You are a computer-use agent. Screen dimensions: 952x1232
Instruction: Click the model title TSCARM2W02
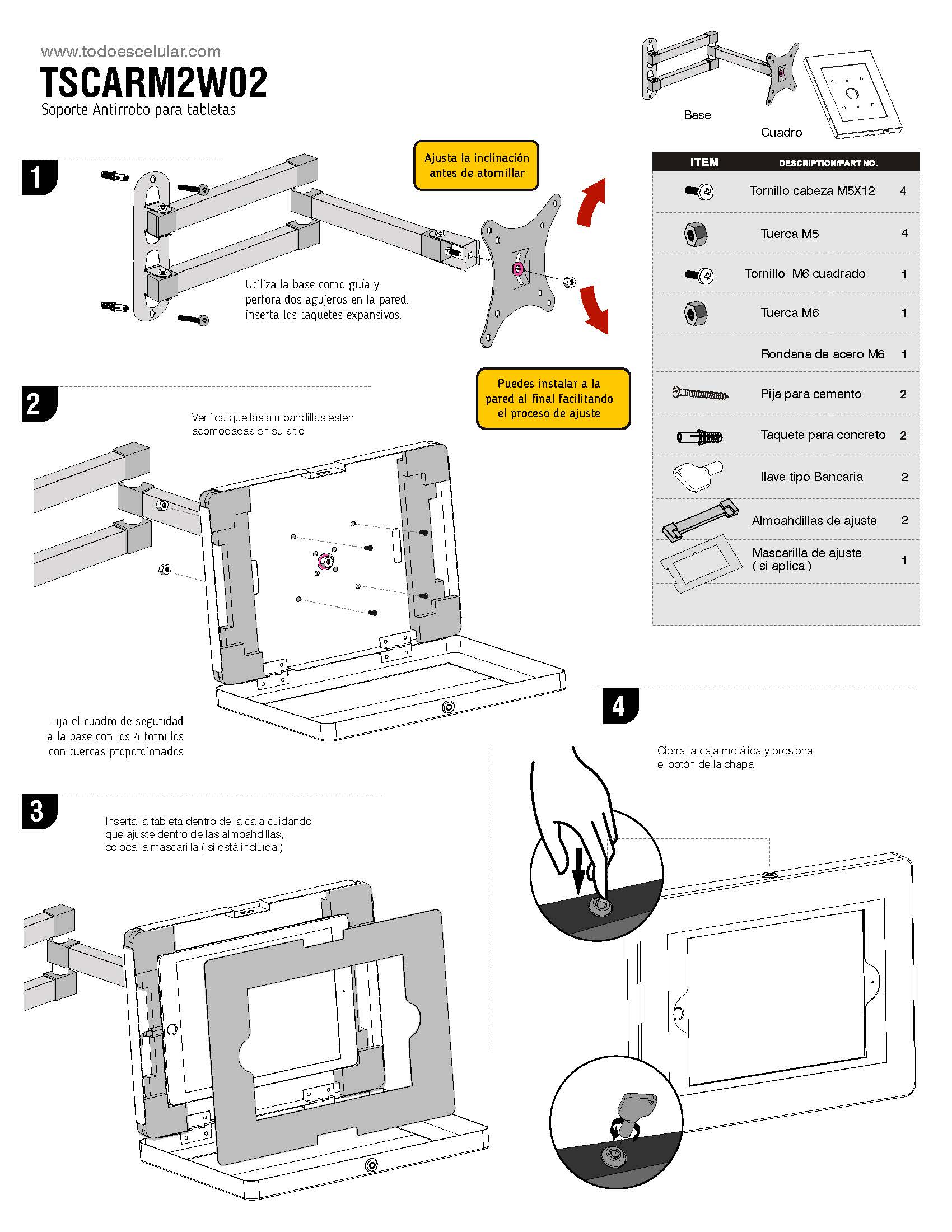point(153,82)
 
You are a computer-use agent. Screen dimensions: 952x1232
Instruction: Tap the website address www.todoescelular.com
point(131,52)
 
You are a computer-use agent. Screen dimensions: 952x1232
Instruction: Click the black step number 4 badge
point(620,706)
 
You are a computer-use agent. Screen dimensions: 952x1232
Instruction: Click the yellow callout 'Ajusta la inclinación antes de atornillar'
point(477,165)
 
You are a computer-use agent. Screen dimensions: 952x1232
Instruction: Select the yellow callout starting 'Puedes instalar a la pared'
point(553,398)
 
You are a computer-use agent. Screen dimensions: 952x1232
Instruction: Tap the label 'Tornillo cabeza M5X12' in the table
point(812,190)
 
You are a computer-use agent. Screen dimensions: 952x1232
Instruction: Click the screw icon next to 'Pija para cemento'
point(701,393)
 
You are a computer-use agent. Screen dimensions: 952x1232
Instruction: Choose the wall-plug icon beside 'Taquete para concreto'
point(700,436)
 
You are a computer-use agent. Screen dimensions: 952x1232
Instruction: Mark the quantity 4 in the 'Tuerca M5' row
point(904,234)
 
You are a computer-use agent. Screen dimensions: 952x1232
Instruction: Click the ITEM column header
point(704,162)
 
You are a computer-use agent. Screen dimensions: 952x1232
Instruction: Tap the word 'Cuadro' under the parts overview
point(781,133)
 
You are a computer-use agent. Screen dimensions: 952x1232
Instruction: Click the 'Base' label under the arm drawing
point(697,115)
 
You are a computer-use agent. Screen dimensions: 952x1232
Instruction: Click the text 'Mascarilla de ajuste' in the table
point(806,553)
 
